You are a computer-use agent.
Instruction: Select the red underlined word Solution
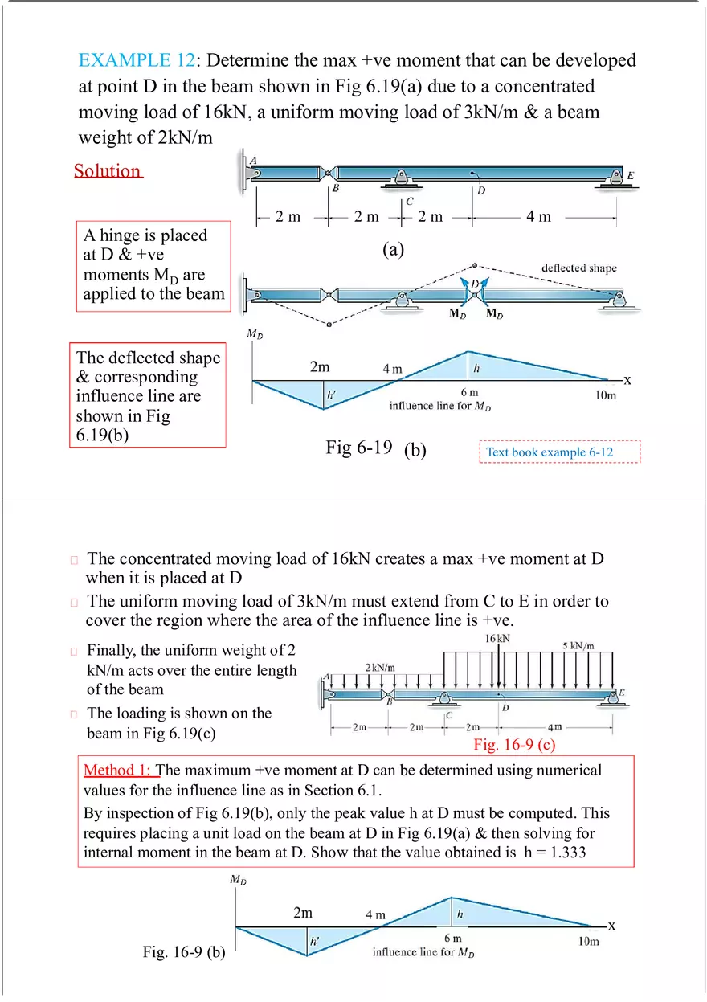coord(108,170)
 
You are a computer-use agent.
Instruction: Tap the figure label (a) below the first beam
coord(393,250)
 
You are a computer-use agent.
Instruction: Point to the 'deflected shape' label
coord(578,268)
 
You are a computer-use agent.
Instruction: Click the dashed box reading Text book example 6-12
coord(560,452)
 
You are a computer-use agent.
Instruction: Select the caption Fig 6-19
coord(358,448)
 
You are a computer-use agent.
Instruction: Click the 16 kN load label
coord(497,638)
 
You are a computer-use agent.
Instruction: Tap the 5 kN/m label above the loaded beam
coord(578,645)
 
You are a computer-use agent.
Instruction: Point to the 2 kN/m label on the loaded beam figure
coord(380,668)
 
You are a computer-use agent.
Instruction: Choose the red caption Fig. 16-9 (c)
coord(514,745)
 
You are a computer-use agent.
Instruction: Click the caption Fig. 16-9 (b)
coord(184,953)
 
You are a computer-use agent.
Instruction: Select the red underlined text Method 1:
coord(121,771)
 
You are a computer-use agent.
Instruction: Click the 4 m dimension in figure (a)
coord(538,217)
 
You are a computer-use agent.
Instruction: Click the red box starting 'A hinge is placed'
coord(153,265)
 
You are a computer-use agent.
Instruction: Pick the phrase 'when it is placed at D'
coord(164,577)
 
